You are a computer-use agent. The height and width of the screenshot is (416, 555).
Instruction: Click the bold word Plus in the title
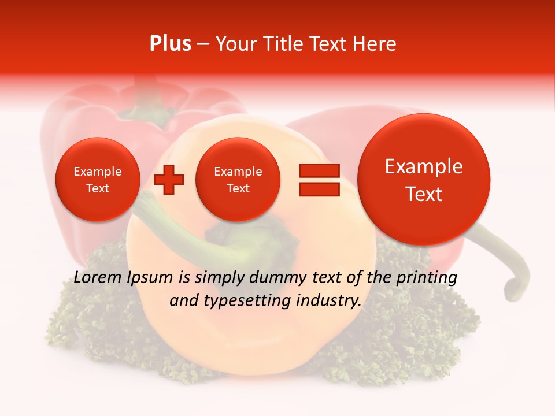[170, 44]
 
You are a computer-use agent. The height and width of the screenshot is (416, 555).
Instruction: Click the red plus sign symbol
[169, 180]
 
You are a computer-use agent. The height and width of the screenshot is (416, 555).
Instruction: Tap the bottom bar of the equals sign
[319, 189]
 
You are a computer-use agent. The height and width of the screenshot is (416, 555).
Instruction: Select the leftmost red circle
[98, 180]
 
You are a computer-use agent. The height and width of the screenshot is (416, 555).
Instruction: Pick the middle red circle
[238, 180]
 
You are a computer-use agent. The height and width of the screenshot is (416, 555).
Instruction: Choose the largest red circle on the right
[424, 180]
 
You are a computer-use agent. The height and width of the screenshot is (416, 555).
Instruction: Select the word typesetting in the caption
[242, 301]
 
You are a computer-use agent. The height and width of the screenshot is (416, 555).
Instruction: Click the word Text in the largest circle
[424, 194]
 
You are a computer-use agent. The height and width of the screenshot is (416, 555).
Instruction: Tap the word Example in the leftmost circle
[98, 172]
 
